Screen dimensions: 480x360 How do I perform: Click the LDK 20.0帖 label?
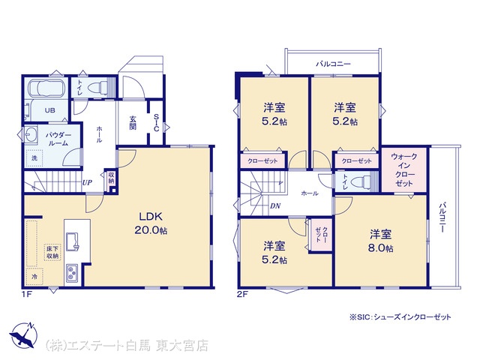151,223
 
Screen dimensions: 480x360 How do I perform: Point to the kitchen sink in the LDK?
72,241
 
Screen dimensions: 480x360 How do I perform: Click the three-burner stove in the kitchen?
72,273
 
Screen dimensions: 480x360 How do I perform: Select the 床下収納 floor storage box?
52,252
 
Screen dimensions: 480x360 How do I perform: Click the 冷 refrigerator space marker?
34,277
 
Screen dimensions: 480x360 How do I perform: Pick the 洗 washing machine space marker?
34,158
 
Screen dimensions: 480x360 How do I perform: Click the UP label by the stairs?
87,183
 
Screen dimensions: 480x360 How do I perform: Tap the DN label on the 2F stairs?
275,206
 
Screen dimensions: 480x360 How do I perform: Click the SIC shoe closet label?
156,122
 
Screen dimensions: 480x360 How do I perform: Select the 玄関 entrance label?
133,122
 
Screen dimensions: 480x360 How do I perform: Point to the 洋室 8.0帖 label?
380,241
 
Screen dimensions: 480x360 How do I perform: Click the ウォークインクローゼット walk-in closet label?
404,169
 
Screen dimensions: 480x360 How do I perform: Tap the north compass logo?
24,335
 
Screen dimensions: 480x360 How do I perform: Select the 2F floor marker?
242,295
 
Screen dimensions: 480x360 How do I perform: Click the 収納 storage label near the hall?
111,178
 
